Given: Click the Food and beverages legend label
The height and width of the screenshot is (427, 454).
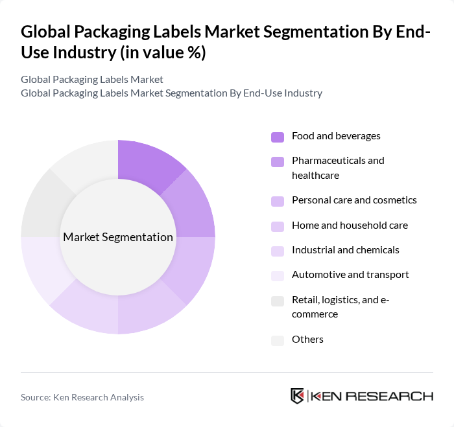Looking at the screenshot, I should click(336, 136).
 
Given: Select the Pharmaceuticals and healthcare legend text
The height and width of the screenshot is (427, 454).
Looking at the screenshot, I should click(338, 168).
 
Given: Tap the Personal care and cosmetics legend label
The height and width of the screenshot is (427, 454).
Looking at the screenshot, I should click(354, 200).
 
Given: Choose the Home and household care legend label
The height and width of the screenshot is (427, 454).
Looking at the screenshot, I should click(350, 225).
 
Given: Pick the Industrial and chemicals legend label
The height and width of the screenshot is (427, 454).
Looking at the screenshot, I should click(346, 250).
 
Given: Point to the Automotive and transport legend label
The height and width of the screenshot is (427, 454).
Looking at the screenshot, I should click(350, 275).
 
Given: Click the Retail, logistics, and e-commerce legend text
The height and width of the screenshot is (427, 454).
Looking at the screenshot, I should click(340, 306).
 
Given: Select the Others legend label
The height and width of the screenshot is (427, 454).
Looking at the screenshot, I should click(307, 340).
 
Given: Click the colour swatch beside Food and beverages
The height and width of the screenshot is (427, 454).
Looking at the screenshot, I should click(278, 137).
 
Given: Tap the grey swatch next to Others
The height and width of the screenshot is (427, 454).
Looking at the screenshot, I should click(278, 340).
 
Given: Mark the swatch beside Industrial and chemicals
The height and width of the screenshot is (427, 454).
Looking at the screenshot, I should click(278, 251).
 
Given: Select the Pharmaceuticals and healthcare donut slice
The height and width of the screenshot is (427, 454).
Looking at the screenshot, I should click(191, 204).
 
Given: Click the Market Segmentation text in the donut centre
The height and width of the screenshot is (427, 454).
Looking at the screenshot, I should click(118, 237).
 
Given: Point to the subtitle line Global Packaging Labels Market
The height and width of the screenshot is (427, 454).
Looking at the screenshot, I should click(92, 80).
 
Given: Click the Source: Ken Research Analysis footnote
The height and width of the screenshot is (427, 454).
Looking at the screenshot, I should click(82, 397).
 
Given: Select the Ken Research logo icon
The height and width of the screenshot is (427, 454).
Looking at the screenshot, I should click(298, 396).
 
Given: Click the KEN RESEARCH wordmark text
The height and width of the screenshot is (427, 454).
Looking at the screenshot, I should click(373, 396).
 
